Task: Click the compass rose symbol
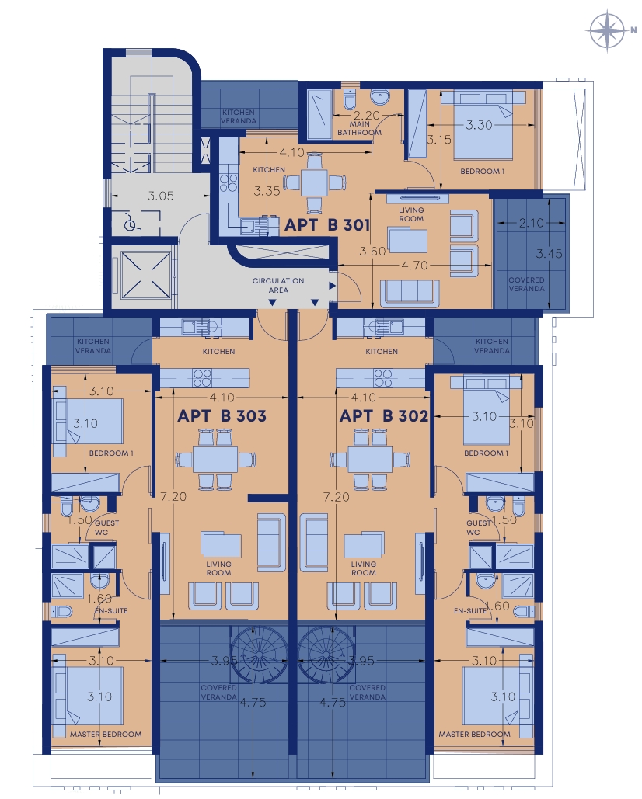[607, 30]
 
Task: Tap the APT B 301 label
[327, 224]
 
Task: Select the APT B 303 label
[222, 416]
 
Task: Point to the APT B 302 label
[383, 416]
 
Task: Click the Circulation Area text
[278, 286]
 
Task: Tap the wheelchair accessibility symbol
[130, 223]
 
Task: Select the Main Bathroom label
[360, 128]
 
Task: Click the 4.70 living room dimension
[414, 265]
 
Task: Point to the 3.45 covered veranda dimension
[550, 253]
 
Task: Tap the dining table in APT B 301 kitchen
[314, 182]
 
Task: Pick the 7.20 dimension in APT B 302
[336, 496]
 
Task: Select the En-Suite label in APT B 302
[470, 610]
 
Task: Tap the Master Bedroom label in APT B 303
[106, 735]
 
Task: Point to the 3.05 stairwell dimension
[161, 196]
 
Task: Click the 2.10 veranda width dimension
[532, 223]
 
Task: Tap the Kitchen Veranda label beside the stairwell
[238, 116]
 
